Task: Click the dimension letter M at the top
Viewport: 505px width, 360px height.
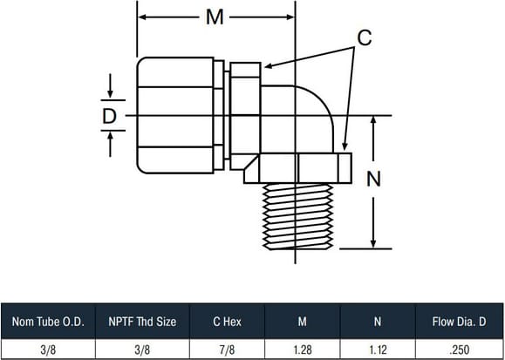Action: click(215, 17)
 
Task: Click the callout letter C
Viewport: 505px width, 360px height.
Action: click(365, 37)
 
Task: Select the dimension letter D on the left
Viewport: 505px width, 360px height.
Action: click(109, 116)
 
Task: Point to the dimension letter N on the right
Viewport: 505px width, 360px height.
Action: click(373, 179)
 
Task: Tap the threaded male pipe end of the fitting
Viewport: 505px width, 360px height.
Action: click(297, 216)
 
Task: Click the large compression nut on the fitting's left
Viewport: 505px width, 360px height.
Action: click(175, 115)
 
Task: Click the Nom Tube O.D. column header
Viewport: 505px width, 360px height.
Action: click(48, 322)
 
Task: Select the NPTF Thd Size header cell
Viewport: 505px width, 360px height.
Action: click(142, 322)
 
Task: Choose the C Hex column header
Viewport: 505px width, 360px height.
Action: click(227, 322)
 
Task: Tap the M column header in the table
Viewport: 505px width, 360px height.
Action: click(302, 322)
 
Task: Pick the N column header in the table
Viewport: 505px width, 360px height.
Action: click(378, 322)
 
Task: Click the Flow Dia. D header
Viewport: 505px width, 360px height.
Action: click(460, 322)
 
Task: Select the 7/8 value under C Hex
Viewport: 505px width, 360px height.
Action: click(227, 350)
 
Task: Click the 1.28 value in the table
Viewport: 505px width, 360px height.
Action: click(303, 350)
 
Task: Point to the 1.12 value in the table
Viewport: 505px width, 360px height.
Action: click(378, 350)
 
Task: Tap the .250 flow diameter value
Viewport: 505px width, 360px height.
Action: click(460, 350)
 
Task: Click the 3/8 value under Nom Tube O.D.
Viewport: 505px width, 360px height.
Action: click(48, 350)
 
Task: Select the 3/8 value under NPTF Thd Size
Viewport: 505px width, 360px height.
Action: click(142, 350)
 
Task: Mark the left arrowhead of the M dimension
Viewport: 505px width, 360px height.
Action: click(142, 17)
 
